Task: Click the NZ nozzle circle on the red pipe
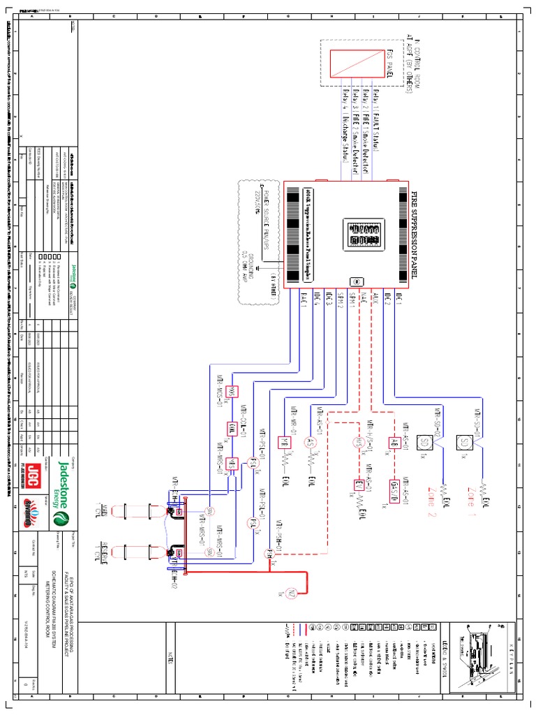[x=292, y=575]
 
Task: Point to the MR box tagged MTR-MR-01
[x=284, y=441]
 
